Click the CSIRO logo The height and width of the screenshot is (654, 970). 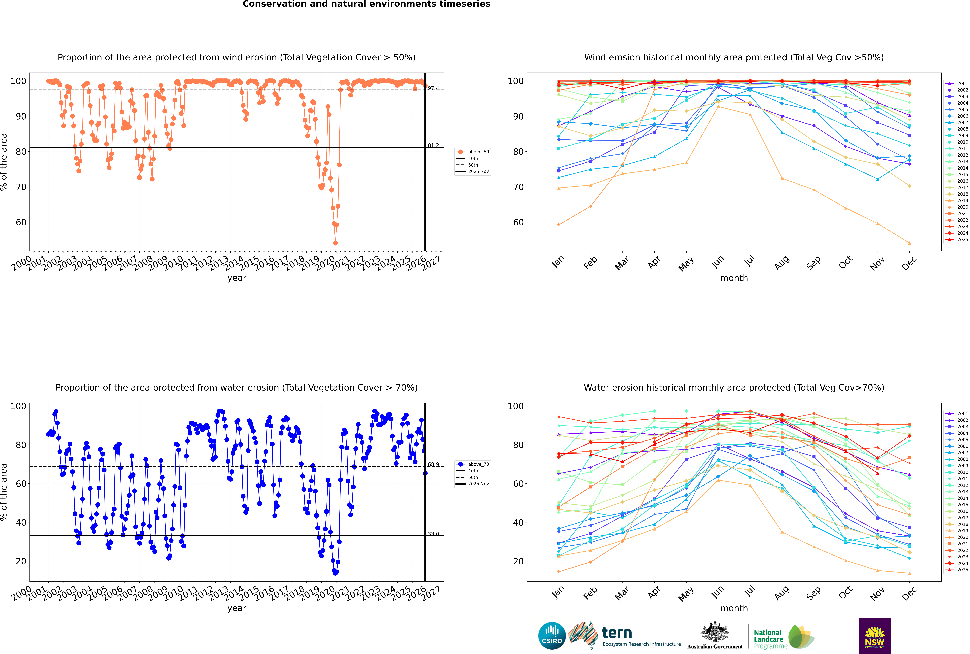pos(552,636)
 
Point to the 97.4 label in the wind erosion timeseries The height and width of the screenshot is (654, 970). pos(433,88)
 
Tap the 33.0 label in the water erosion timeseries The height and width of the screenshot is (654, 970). pos(433,534)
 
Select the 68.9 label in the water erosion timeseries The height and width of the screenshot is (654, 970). pos(433,464)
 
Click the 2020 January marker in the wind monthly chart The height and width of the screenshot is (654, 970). pos(559,225)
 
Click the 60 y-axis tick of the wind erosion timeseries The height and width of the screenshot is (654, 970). pos(21,222)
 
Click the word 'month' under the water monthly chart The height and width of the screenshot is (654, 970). pos(734,608)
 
